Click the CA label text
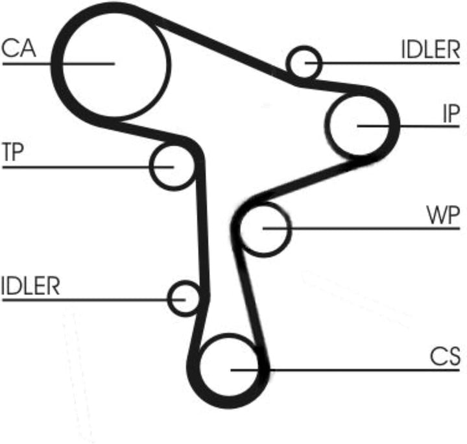tap(19, 48)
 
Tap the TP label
tap(13, 152)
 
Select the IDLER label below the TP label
tap(30, 286)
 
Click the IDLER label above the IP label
tap(431, 49)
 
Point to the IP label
tap(451, 114)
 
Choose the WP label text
tap(443, 215)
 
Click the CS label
tap(445, 356)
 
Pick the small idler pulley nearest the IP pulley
tap(320, 63)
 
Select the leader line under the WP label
tap(361, 228)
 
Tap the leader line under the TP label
tap(88, 167)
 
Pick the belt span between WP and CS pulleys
tap(250, 298)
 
